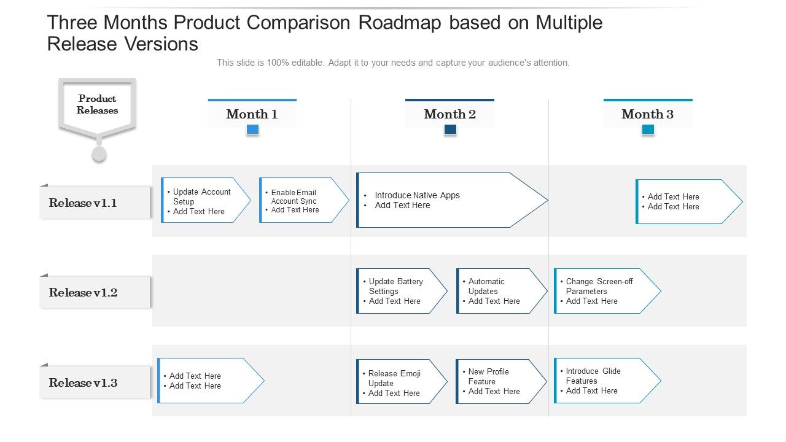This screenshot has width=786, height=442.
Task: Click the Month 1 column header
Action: point(252,114)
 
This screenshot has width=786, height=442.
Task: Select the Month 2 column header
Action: point(449,114)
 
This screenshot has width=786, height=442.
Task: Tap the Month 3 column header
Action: point(647,114)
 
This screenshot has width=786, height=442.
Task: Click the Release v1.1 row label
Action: point(95,203)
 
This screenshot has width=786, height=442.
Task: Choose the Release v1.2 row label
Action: point(95,292)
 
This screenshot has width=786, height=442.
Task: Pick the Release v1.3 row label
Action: point(95,382)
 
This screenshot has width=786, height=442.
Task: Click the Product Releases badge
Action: point(97,105)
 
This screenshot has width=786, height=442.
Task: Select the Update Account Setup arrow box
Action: point(203,201)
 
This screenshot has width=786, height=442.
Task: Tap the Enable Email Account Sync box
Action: point(301,201)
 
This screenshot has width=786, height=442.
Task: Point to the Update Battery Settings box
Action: point(399,291)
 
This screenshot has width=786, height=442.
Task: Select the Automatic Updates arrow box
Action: point(498,291)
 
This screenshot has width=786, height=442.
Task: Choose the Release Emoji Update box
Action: point(399,382)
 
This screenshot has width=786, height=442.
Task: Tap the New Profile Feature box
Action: point(498,382)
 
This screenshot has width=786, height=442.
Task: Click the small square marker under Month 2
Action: point(450,130)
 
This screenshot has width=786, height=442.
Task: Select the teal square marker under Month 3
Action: point(648,130)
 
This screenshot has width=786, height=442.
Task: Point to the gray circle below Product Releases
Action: point(99,153)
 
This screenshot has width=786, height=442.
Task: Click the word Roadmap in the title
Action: point(395,23)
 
